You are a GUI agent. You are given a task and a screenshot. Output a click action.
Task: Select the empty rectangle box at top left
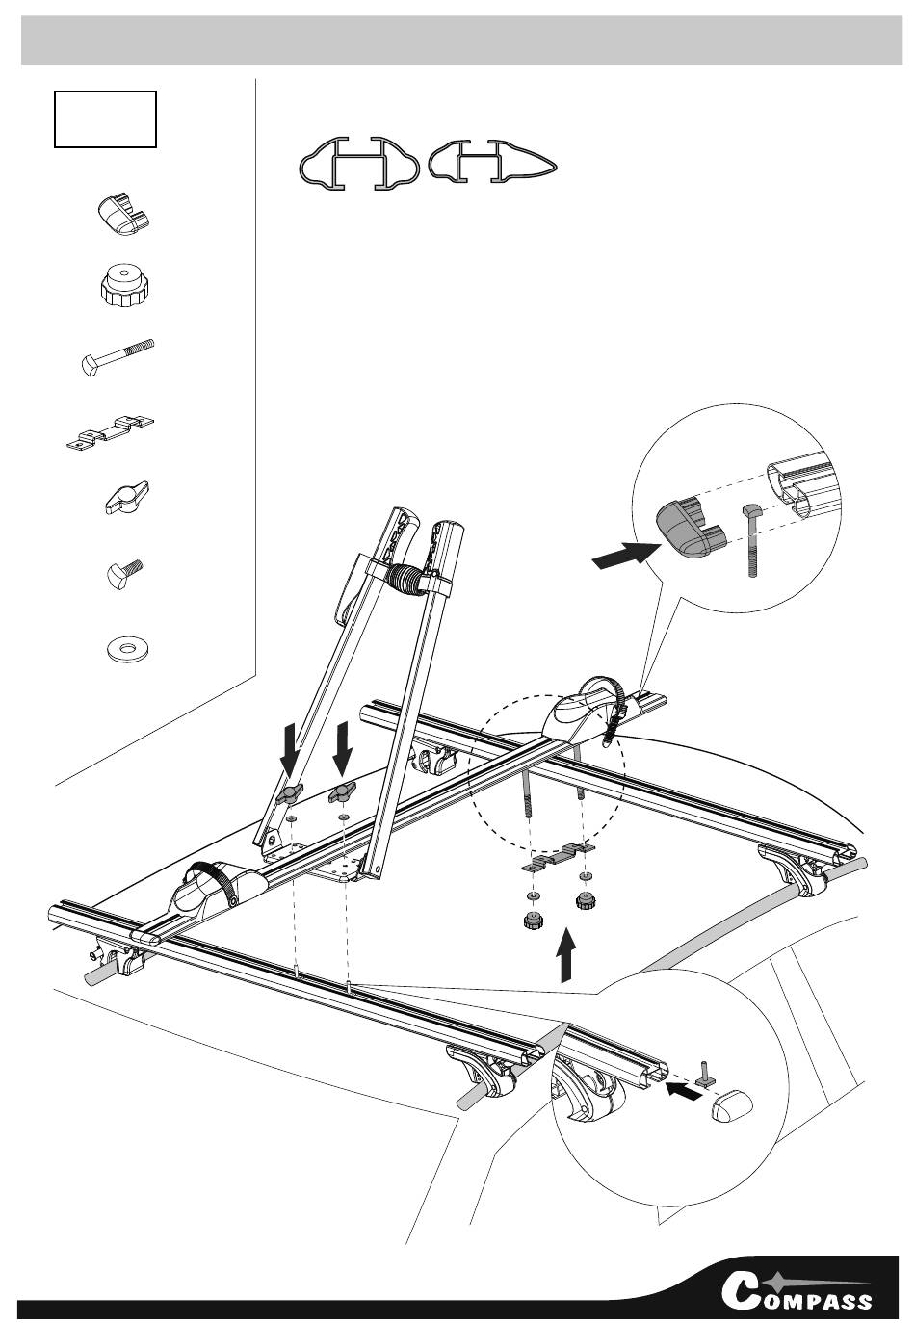tap(105, 118)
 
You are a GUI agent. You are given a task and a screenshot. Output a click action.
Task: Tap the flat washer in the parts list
tap(128, 650)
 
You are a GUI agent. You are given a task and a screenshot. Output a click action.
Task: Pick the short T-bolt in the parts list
tap(125, 573)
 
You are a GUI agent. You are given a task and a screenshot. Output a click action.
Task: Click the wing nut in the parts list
tap(126, 498)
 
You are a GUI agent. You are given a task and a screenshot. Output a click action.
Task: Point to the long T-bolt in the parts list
tap(118, 356)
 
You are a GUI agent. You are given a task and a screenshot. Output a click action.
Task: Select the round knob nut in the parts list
tap(123, 285)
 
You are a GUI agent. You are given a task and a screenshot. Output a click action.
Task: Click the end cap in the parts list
tap(123, 214)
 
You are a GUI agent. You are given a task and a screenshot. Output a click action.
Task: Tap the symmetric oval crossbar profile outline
tap(359, 164)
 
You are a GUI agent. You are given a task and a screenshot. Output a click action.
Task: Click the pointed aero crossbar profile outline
tap(492, 160)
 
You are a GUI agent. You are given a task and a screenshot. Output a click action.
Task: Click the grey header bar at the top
tap(461, 40)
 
